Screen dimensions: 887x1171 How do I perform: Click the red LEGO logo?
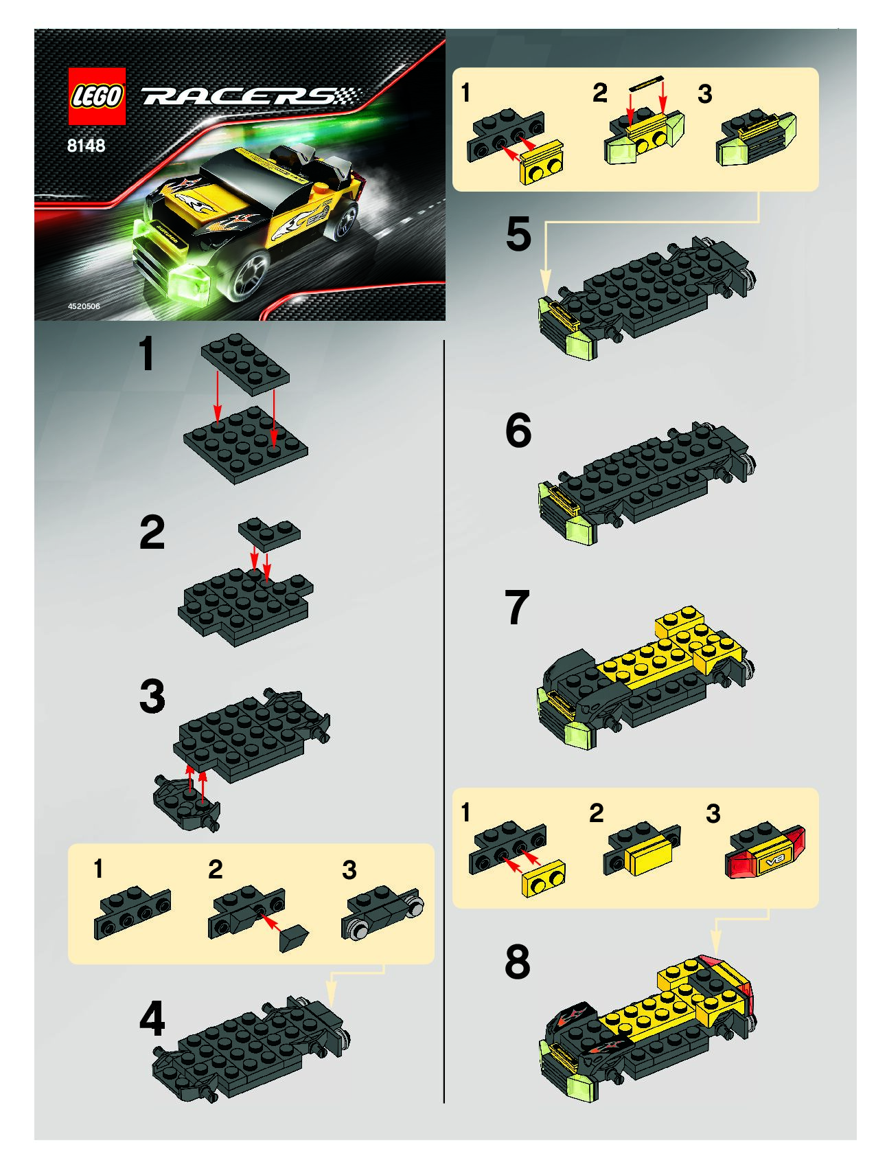(x=97, y=96)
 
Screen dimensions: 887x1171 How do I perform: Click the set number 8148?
(x=87, y=145)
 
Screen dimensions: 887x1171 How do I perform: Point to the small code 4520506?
(x=84, y=306)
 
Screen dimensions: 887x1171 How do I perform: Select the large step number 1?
(x=146, y=355)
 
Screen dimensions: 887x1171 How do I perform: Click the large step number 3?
(x=152, y=696)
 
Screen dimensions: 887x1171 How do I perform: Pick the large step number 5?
(x=518, y=234)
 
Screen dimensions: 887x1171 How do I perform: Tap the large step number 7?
(x=517, y=607)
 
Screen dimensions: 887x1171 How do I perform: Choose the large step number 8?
(x=518, y=962)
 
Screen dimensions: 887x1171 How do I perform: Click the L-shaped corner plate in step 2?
(x=269, y=533)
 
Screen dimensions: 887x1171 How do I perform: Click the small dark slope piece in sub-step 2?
(x=295, y=936)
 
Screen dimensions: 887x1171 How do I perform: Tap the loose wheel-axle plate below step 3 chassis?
(x=187, y=803)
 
